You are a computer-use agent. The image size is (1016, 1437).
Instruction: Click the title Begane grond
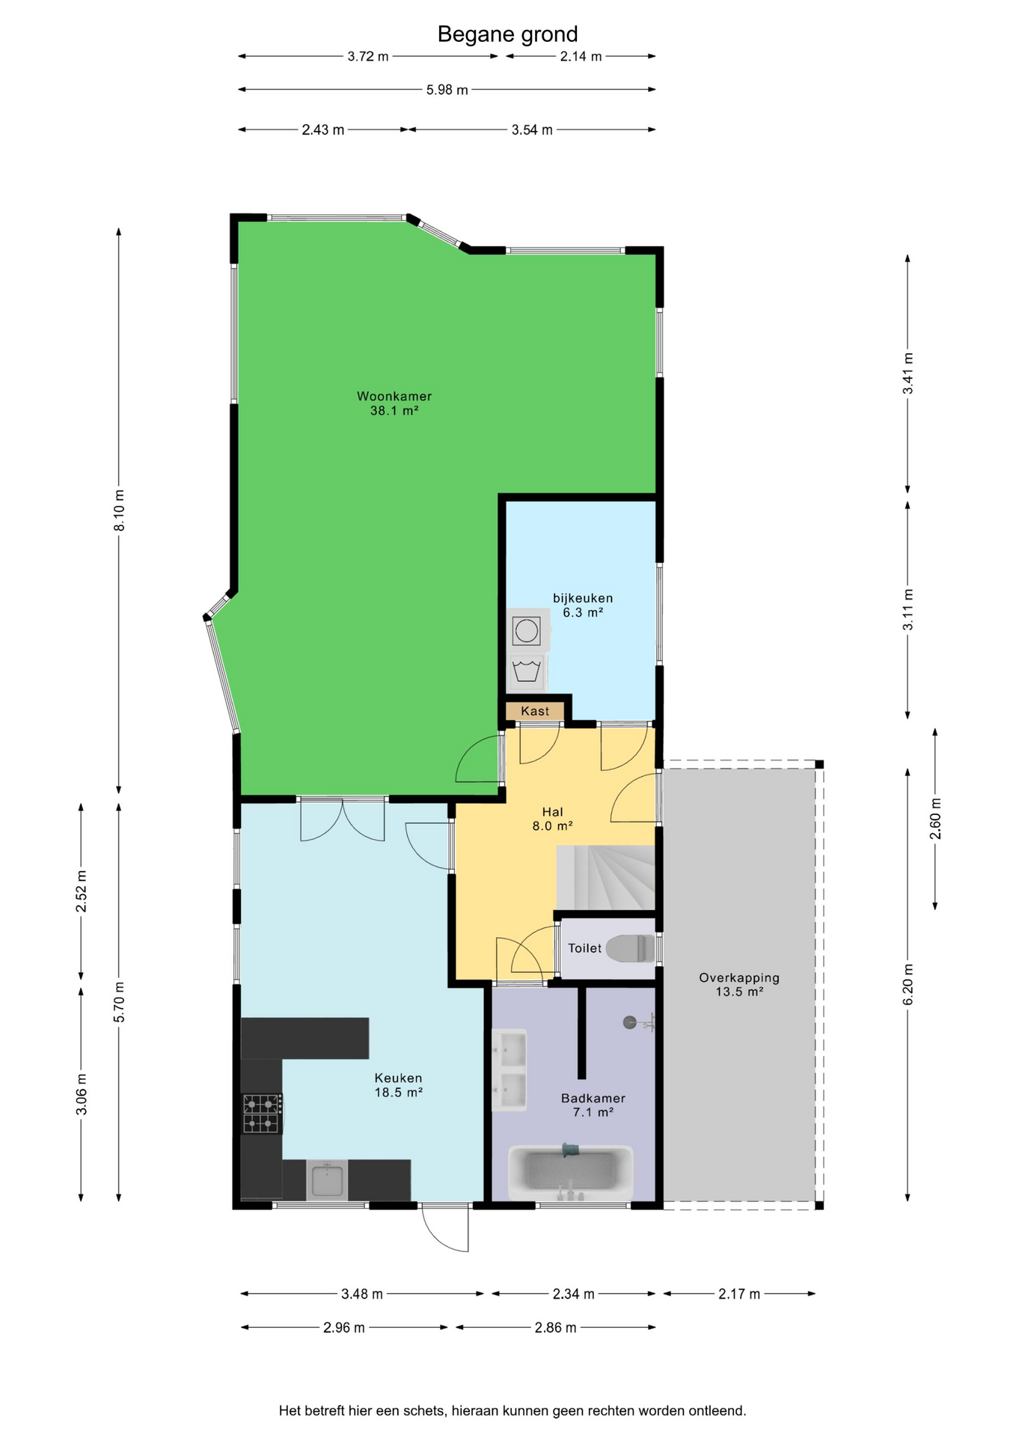click(507, 34)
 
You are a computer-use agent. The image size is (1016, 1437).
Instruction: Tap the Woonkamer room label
click(394, 397)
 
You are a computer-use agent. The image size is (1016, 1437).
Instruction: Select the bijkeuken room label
click(583, 598)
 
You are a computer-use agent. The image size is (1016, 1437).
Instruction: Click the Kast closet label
click(535, 711)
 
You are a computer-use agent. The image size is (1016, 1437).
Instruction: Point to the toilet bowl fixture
click(631, 948)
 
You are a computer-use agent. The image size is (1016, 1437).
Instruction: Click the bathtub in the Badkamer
click(571, 1172)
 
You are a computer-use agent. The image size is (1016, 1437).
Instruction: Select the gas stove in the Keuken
click(262, 1114)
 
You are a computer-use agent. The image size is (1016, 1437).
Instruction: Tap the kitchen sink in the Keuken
click(327, 1180)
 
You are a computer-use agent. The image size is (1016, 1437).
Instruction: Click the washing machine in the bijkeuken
click(527, 629)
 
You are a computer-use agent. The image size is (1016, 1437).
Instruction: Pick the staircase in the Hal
click(605, 878)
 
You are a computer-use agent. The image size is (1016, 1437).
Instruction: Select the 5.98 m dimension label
click(447, 90)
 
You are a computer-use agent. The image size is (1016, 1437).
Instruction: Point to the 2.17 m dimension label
click(739, 1294)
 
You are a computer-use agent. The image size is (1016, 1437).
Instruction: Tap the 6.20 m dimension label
click(908, 985)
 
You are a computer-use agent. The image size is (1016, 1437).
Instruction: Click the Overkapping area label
click(739, 977)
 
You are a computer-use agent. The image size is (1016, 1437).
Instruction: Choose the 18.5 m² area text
click(399, 1092)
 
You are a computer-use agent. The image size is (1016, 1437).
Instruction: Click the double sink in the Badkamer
click(509, 1070)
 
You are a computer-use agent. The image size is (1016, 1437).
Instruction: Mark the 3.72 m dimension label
click(368, 56)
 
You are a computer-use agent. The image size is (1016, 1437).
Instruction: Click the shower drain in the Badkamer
click(630, 1022)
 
